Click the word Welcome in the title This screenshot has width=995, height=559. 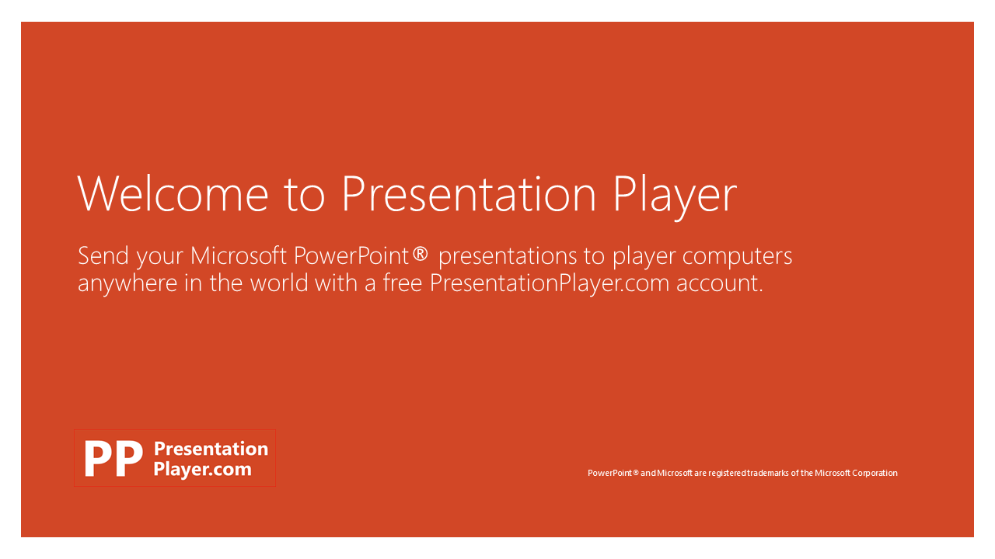click(173, 194)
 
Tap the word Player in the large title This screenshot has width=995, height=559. click(676, 197)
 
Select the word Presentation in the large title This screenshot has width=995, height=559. click(469, 194)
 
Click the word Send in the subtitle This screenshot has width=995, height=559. click(103, 255)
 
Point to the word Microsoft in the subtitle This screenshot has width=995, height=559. click(239, 255)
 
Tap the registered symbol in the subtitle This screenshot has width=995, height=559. click(420, 254)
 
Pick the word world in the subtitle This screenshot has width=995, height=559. click(279, 283)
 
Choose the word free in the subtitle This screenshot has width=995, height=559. click(403, 283)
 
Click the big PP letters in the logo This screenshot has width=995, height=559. click(113, 458)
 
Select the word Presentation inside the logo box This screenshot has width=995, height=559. click(211, 449)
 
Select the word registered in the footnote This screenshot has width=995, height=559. click(727, 474)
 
